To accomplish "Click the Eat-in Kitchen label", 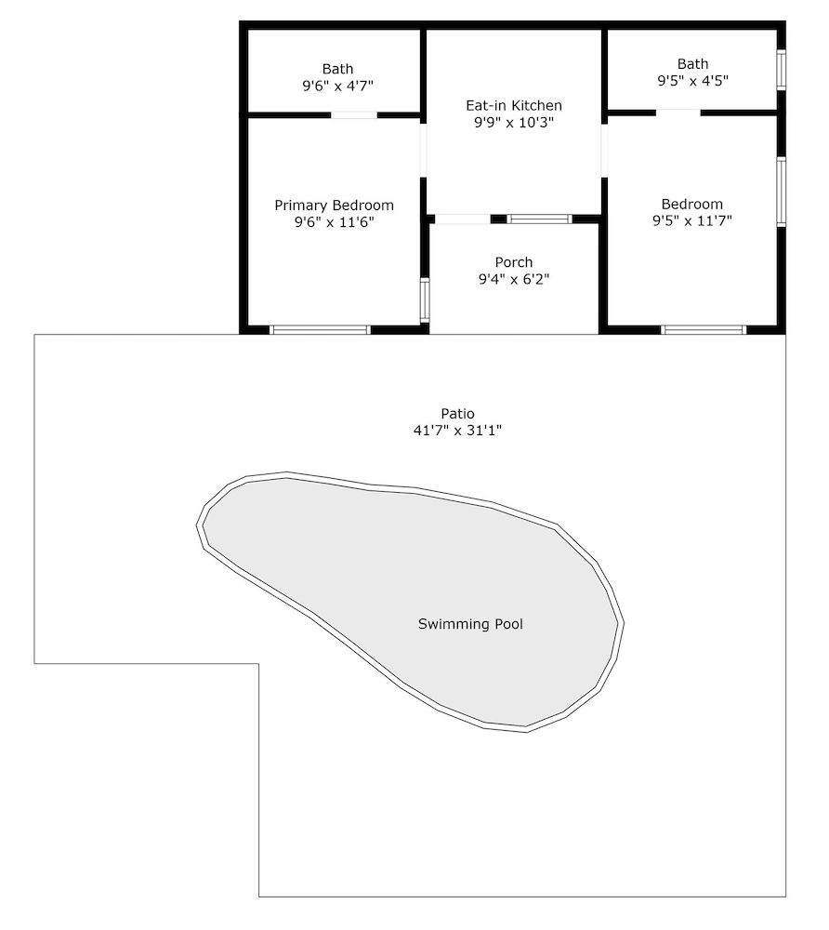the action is pos(514,106).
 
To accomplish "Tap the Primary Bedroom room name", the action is pos(335,206).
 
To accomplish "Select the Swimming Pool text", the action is pos(470,624).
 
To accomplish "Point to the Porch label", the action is pos(514,262).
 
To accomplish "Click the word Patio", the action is pos(457,414).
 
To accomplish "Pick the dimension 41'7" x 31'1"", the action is pos(457,431).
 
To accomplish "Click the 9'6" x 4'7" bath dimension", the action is pos(337,86).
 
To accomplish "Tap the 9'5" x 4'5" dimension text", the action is pos(692,81).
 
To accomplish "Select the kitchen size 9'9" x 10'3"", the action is pos(514,123).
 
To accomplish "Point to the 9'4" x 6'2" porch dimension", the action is pos(514,279).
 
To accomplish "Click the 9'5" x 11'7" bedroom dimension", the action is pos(692,220).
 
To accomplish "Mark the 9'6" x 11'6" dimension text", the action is pos(335,222).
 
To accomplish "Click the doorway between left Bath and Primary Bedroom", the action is pos(354,115).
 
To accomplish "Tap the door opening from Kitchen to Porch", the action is pos(463,219).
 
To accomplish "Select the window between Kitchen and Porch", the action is pos(539,219).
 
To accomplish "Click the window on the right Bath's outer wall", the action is pos(782,70).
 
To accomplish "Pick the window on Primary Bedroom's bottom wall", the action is pos(320,330).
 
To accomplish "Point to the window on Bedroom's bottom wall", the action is pos(704,330).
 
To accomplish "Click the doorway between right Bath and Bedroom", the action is pos(678,113).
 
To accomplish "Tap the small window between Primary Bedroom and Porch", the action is pos(425,300).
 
